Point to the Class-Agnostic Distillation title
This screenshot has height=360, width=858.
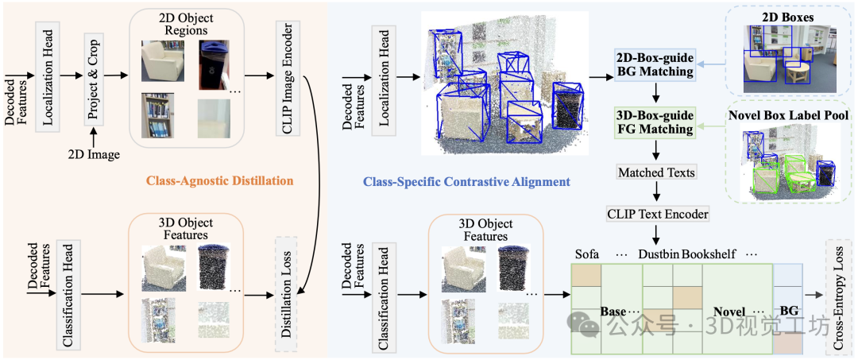tap(219, 181)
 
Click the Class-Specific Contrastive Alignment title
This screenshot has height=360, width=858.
tap(466, 182)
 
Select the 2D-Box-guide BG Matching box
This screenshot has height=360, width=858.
tap(655, 65)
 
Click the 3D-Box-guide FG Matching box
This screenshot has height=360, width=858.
tap(655, 122)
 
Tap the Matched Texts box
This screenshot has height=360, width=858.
tap(655, 172)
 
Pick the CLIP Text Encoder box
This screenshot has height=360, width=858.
tap(655, 213)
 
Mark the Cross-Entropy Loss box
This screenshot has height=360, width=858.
tap(840, 294)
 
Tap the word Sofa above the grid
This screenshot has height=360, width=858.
tap(588, 254)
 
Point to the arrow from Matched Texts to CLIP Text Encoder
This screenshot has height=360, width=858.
tap(655, 192)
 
